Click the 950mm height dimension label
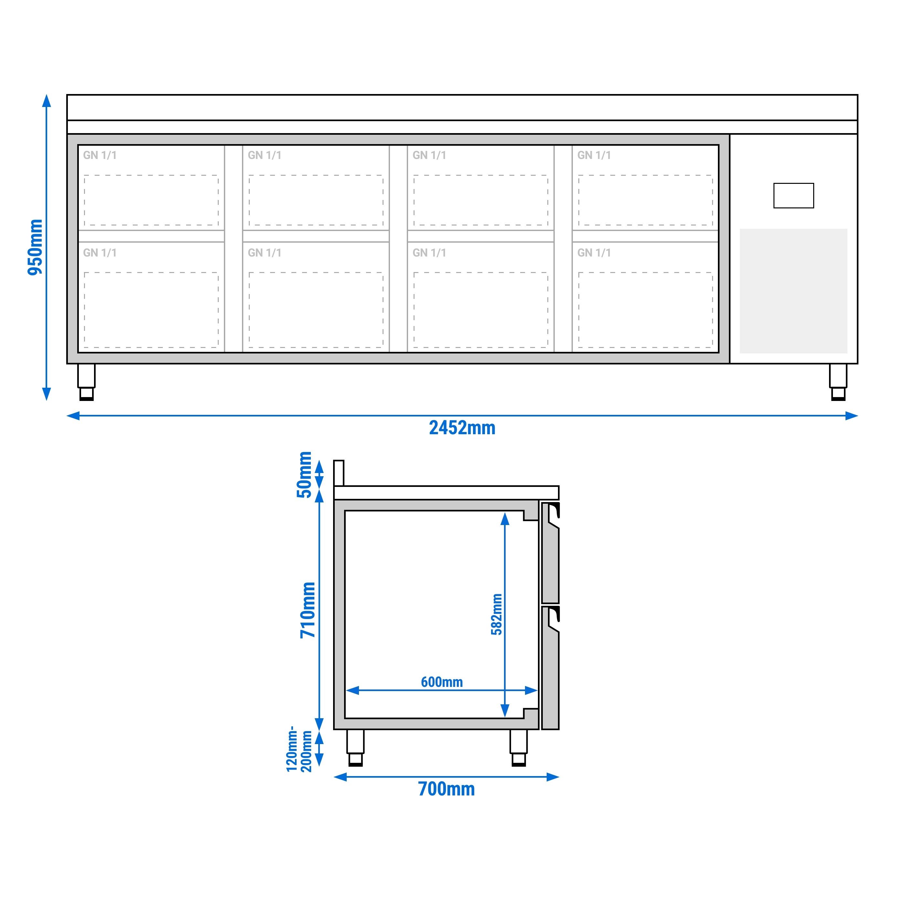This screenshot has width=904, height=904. pyautogui.click(x=35, y=247)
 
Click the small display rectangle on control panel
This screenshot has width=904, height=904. pyautogui.click(x=793, y=195)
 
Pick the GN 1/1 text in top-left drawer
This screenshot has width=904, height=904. pyautogui.click(x=100, y=155)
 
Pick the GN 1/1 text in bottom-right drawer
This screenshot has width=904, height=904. pyautogui.click(x=594, y=253)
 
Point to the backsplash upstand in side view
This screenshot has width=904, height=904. pyautogui.click(x=339, y=473)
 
